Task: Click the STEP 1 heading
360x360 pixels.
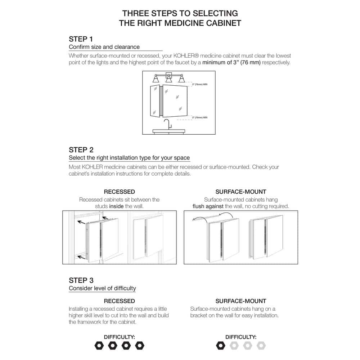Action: [81, 39]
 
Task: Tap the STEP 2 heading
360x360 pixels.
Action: [81, 150]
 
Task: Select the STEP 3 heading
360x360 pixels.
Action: [81, 280]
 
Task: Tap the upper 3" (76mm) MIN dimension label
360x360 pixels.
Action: [200, 84]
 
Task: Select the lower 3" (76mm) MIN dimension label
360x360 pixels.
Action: [200, 117]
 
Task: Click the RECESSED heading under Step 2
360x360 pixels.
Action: [119, 192]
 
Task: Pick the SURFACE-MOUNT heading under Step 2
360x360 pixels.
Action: [241, 192]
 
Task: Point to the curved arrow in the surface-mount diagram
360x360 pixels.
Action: [224, 216]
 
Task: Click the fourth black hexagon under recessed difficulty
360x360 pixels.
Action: [139, 346]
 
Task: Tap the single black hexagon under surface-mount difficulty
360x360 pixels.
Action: [220, 346]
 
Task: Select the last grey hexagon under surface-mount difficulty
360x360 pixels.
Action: [261, 346]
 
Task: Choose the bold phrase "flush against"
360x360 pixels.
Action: [208, 206]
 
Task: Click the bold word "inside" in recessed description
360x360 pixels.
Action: [116, 206]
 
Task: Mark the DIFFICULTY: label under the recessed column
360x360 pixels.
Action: [119, 337]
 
